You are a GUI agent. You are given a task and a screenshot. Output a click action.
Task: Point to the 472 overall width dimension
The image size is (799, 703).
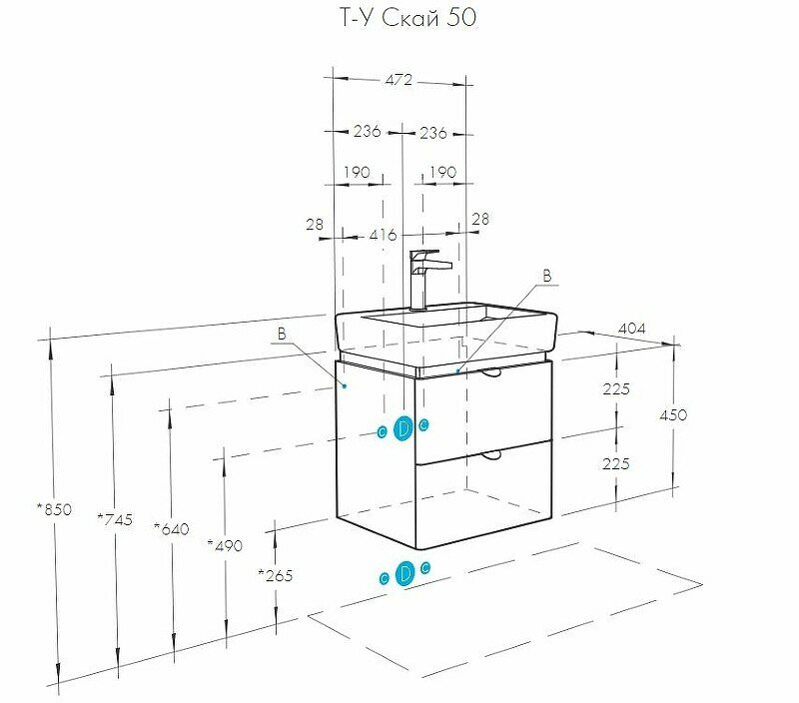pos(399,81)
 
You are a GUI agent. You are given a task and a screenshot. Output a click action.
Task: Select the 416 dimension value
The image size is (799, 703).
pos(383,236)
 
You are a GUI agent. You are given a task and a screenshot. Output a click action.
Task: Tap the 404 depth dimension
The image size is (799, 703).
pos(631,327)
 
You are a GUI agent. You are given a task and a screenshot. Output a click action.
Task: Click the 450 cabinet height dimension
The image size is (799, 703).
pos(672,415)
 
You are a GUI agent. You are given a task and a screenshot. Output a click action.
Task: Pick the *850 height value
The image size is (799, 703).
pos(54,509)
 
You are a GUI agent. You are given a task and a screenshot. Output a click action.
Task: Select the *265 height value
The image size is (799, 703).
pos(275,574)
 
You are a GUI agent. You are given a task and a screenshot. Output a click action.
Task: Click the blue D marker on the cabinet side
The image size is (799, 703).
pos(403,428)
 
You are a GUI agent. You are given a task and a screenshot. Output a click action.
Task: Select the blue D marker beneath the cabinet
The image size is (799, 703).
pos(403,574)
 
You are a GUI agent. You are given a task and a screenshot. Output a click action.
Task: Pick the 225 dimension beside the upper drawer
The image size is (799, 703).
pos(616,389)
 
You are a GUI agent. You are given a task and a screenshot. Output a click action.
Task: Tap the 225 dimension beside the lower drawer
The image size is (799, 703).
pos(616,462)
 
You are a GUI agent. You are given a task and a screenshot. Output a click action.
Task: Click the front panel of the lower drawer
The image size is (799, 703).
pos(482,489)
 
